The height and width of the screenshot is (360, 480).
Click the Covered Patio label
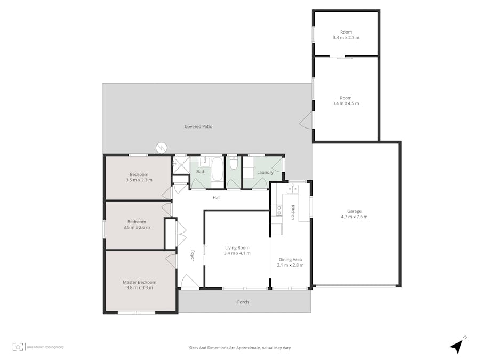coord(198,126)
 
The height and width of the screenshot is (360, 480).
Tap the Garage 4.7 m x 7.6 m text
coord(354,214)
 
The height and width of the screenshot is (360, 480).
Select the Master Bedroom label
coord(139,285)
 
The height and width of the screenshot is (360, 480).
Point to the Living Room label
coord(237,250)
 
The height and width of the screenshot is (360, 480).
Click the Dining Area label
coord(290,262)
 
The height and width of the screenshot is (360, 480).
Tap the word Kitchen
coord(293,212)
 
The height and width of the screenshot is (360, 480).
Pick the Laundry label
coord(265,172)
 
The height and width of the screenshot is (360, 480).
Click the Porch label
coord(243,302)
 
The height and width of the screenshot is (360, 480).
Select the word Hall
coord(217,198)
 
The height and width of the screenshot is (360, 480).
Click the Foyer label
coord(193,256)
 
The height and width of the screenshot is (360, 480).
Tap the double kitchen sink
coord(292,189)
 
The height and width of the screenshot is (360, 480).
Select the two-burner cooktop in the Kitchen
coord(278,210)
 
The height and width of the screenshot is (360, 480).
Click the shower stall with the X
coord(180,165)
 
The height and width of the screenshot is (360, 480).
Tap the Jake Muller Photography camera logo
coord(18,347)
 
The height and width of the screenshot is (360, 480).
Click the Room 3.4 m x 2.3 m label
coord(346,35)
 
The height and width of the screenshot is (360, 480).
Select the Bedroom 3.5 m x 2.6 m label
coord(137,225)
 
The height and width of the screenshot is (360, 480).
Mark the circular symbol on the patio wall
coord(162,147)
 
